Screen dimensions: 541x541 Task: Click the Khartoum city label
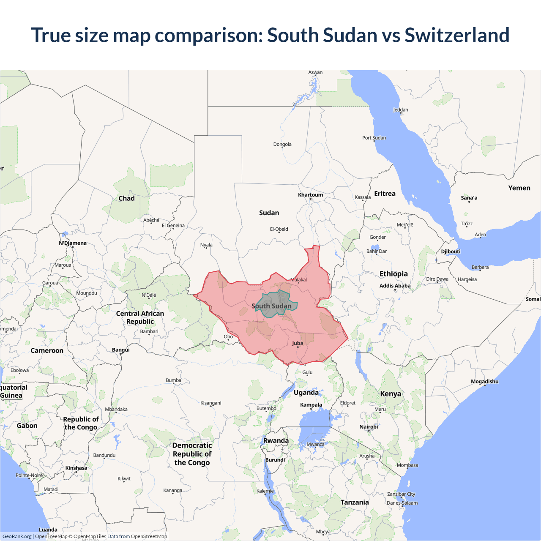tap(310, 195)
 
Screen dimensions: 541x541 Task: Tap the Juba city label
tap(298, 343)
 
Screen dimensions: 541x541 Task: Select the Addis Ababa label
tap(395, 286)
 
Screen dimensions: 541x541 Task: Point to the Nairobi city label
tap(369, 427)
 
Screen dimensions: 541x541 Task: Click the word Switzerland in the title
tap(457, 35)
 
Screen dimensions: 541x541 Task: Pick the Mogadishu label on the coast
tap(484, 382)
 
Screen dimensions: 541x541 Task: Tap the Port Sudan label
tap(374, 138)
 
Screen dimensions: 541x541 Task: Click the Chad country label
tap(126, 198)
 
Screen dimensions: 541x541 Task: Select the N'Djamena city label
tap(73, 243)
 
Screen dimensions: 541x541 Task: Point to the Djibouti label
tap(451, 251)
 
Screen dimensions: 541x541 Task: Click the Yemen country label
tap(519, 188)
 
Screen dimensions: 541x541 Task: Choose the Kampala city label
tap(311, 405)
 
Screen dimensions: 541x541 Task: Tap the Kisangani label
tap(210, 403)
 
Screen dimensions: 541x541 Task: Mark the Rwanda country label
tap(276, 440)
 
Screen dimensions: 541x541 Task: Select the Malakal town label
tap(298, 280)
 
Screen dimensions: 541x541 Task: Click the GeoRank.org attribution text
tap(17, 536)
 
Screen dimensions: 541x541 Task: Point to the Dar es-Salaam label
tap(402, 503)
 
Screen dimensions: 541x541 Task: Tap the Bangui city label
tap(121, 350)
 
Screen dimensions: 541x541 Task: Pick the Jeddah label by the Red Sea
tap(401, 110)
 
